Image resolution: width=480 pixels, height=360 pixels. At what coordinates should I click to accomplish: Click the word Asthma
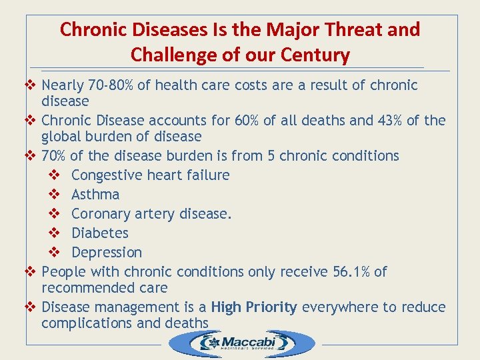[x=95, y=195]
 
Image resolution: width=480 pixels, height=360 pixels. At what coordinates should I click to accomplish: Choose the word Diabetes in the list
[x=100, y=233]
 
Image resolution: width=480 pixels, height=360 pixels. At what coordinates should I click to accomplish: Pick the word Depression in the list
[x=107, y=253]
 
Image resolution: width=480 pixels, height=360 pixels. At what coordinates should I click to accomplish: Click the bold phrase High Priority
[x=254, y=307]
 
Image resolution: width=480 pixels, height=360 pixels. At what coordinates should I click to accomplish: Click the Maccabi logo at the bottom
[x=241, y=343]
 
